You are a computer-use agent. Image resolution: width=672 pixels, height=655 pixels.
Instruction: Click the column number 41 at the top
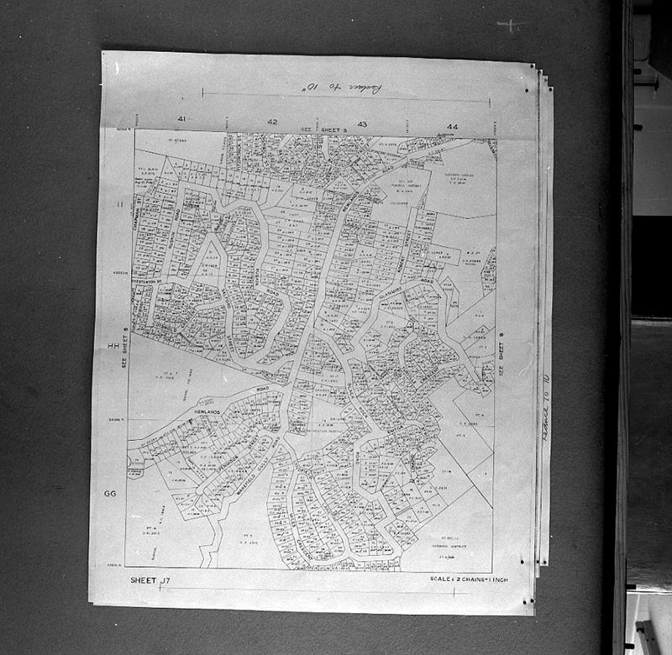(181, 121)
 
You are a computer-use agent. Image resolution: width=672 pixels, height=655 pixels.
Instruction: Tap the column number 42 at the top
(271, 122)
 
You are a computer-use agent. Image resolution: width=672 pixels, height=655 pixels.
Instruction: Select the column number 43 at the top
(362, 123)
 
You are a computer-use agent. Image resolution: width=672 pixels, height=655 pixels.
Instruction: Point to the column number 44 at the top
(452, 126)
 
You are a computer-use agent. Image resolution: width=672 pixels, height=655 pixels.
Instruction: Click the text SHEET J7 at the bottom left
(150, 580)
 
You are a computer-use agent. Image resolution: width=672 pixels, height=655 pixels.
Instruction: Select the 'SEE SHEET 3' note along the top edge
(316, 128)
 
